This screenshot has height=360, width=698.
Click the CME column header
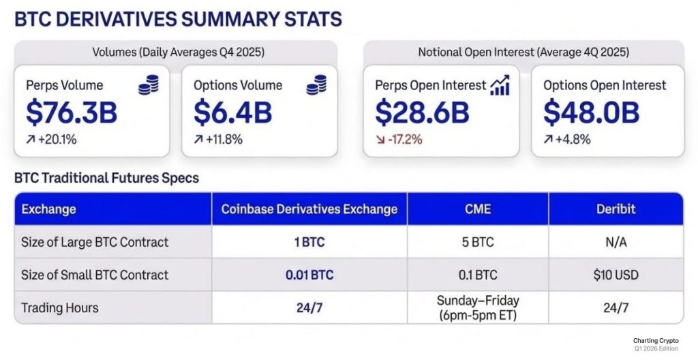click(477, 209)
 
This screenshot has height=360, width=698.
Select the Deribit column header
click(616, 209)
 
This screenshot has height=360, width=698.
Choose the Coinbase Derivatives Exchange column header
click(309, 209)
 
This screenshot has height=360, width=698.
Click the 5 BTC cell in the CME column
click(477, 242)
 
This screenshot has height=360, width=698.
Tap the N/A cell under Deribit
click(616, 242)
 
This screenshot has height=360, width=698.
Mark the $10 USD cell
click(616, 275)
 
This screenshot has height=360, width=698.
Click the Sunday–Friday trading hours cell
click(477, 307)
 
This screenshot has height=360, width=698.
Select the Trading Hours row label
click(60, 307)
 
